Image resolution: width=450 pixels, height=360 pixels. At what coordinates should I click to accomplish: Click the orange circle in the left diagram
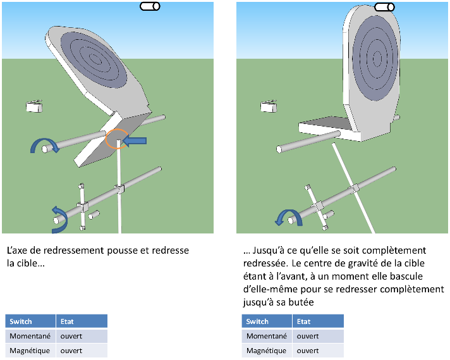click(x=116, y=139)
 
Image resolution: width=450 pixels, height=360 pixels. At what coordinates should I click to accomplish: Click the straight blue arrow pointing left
click(x=135, y=141)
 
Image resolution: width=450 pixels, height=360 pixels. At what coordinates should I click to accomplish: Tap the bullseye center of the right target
click(x=377, y=59)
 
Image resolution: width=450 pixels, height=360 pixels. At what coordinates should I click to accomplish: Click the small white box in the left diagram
click(x=34, y=106)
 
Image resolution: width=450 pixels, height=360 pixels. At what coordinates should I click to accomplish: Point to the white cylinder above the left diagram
click(x=149, y=6)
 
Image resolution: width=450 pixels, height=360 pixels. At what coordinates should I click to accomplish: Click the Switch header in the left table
click(x=21, y=321)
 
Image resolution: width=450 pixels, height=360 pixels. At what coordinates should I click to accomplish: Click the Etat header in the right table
click(x=304, y=321)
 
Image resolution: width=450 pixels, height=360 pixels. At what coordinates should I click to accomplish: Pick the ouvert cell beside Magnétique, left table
click(x=71, y=351)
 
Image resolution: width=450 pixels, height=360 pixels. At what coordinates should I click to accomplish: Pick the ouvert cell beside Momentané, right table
click(x=308, y=336)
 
